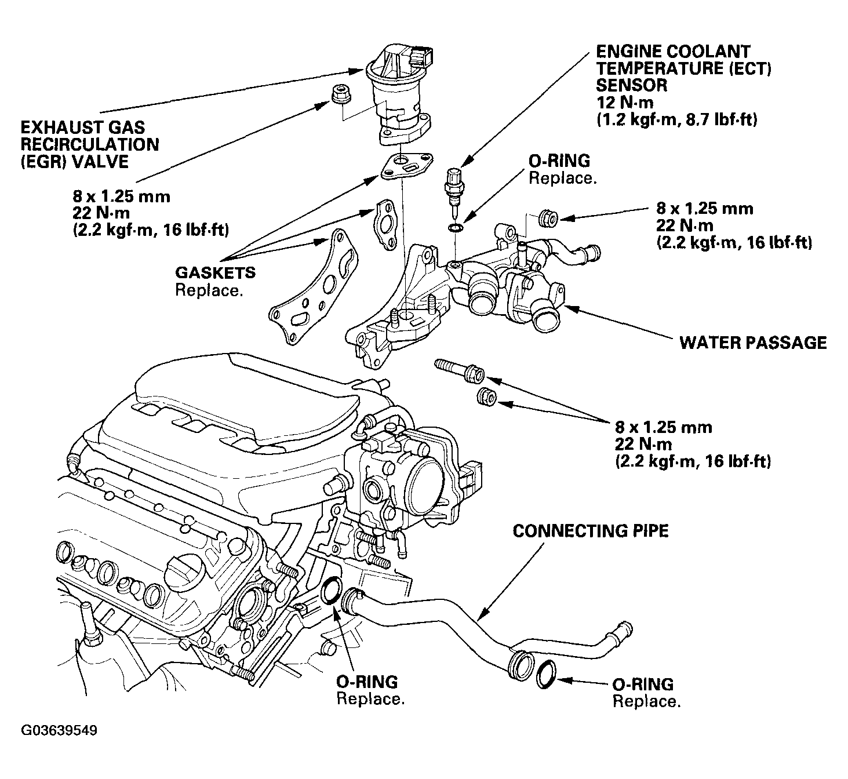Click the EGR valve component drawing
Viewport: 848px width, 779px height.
tap(399, 97)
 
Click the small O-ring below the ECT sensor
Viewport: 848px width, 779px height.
tap(455, 229)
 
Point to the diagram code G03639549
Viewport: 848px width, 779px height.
tap(59, 730)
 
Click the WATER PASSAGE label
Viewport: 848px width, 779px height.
tap(753, 343)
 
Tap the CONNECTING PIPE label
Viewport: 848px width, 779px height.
tap(591, 531)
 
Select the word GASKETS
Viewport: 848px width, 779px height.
tap(216, 273)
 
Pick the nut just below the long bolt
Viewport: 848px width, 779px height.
tap(486, 397)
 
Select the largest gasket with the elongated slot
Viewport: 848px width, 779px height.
tap(314, 288)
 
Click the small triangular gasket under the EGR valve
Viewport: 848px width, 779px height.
tap(407, 166)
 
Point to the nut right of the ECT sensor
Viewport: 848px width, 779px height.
tap(549, 219)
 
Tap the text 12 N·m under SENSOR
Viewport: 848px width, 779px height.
tap(625, 103)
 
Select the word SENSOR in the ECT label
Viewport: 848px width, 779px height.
tap(632, 85)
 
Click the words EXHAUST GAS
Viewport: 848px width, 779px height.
tap(83, 128)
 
